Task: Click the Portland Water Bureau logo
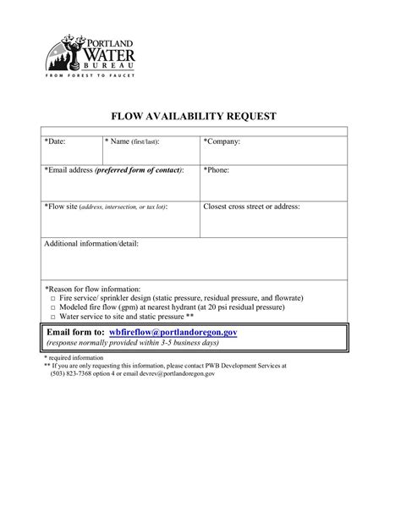point(89,53)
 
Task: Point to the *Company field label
point(222,141)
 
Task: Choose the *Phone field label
point(217,170)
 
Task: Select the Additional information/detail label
point(91,244)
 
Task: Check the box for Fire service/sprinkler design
point(52,300)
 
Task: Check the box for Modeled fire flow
point(52,308)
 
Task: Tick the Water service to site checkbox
point(52,317)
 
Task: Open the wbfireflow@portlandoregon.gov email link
point(173,333)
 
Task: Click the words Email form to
point(75,333)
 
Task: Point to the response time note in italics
point(133,344)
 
